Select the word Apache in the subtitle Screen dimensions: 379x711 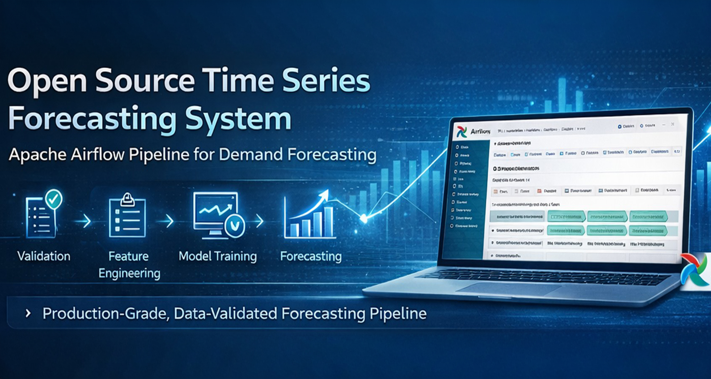pyautogui.click(x=37, y=154)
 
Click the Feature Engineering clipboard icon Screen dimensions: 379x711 pyautogui.click(x=127, y=217)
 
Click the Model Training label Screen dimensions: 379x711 pyautogui.click(x=218, y=256)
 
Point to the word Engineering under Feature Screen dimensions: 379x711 pyautogui.click(x=129, y=273)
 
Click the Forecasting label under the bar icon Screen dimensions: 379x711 pyautogui.click(x=311, y=256)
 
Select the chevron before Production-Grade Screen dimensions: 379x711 pyautogui.click(x=28, y=313)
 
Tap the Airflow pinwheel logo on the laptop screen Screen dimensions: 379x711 pyautogui.click(x=461, y=132)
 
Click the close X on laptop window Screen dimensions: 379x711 pyautogui.click(x=673, y=124)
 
